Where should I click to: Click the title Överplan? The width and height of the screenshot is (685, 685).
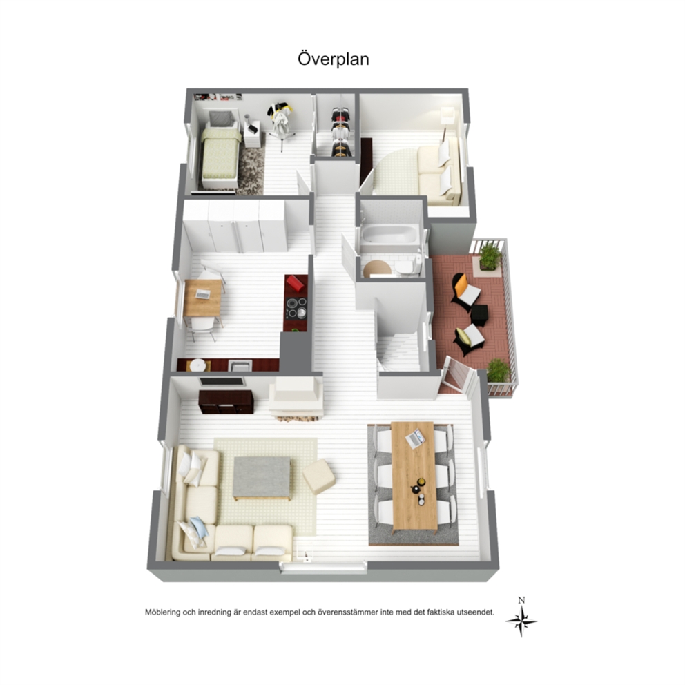coord(334,59)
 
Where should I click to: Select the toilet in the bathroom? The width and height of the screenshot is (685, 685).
coord(407,267)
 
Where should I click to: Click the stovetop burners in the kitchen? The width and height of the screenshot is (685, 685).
coord(296,307)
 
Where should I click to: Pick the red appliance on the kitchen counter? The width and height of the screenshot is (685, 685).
coord(296,283)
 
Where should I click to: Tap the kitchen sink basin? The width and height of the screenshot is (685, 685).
coord(240,365)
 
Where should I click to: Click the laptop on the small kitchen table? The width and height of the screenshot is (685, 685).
coord(203,294)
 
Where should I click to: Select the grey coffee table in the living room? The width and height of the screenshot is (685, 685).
coord(262,478)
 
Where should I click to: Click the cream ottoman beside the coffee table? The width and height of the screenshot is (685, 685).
coord(319,476)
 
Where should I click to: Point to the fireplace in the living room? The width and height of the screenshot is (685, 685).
coord(296,399)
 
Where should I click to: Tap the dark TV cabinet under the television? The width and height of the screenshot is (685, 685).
coord(226,402)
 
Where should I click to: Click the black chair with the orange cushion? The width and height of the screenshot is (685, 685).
coord(465,291)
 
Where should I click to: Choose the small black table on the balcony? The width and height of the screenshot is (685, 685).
coord(479,315)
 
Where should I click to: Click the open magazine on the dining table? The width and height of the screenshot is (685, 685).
coord(414,438)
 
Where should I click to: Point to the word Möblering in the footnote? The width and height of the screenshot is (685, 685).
coord(162,612)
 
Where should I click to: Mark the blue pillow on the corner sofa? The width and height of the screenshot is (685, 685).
coord(200,528)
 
